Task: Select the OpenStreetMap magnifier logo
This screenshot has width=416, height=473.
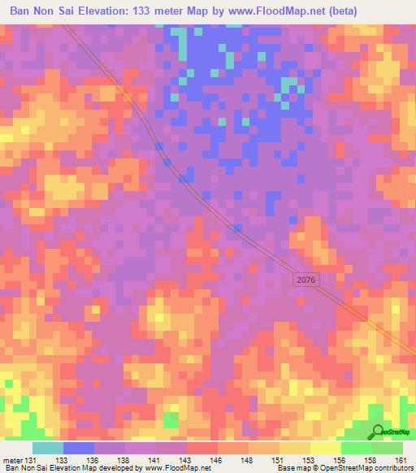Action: (x=379, y=432)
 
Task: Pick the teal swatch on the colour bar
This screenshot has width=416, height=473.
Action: (x=48, y=447)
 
